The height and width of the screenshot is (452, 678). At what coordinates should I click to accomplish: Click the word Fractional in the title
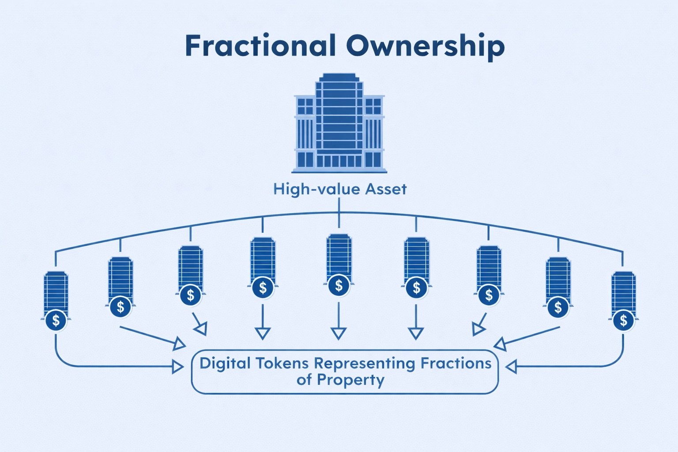pos(260,46)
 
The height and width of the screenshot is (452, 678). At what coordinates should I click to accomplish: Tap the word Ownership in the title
pos(425,46)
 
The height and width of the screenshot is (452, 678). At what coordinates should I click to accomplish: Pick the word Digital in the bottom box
pos(225,364)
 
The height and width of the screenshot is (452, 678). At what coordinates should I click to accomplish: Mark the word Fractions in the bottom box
pos(456,364)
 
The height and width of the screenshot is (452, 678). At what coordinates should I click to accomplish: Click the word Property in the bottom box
pos(350,380)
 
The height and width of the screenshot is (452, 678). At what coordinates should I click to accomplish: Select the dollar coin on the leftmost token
pos(56,320)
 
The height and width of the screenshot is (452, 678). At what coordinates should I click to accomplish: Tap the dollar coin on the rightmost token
pos(623,320)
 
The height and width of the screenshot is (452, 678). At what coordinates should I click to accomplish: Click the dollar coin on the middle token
pos(339,286)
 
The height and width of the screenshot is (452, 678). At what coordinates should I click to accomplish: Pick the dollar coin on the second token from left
pos(121,306)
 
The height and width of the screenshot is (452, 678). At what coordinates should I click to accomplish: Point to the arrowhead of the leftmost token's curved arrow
pos(178,366)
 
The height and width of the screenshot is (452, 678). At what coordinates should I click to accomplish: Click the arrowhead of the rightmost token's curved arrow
pos(511,366)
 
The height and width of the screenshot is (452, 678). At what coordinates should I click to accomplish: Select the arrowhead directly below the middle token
pos(339,333)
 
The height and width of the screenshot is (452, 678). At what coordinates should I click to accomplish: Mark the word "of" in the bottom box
pos(304,380)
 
